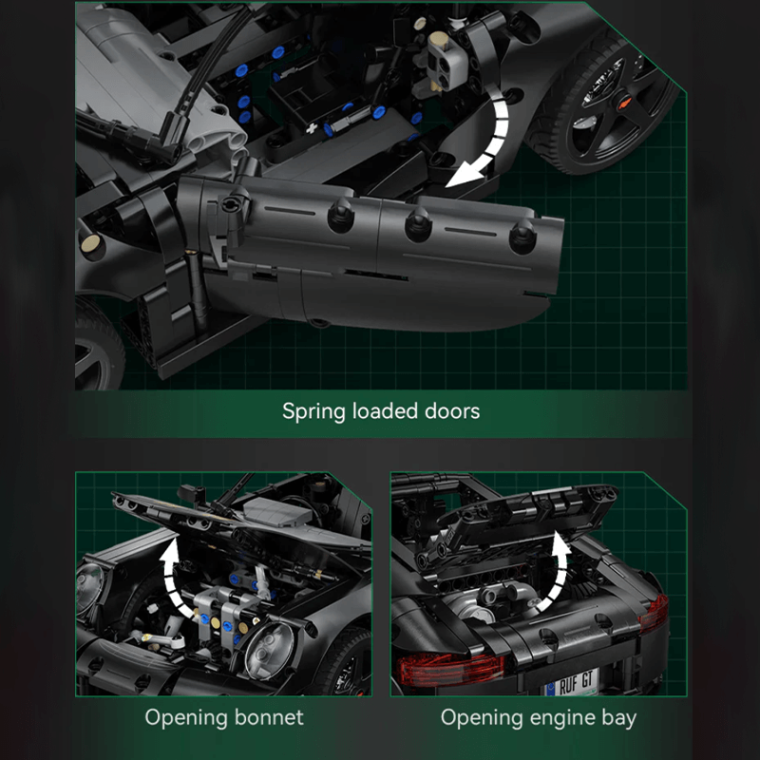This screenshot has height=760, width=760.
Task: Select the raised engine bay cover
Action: (513, 517)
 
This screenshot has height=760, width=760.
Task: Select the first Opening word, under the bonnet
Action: (184, 716)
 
